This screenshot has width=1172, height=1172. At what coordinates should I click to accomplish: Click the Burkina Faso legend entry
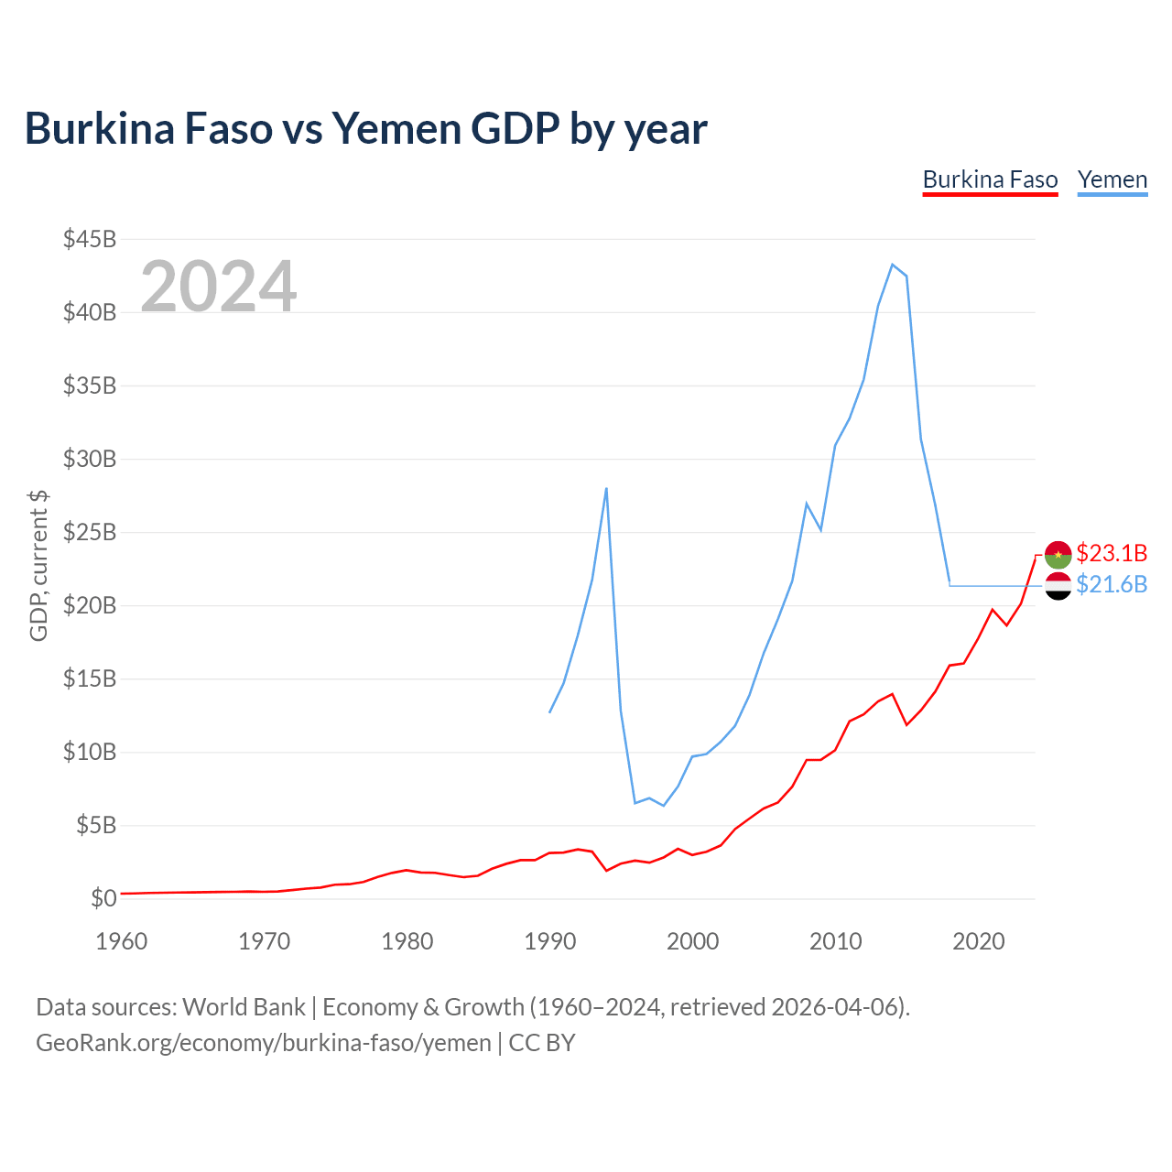pos(990,180)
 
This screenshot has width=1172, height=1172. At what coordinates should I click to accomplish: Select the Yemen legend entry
pos(1112,180)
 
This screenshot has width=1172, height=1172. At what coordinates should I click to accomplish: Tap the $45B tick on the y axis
pos(90,239)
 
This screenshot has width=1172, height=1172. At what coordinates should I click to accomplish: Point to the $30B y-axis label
pos(90,459)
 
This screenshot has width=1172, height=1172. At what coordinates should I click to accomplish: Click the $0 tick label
pos(103,897)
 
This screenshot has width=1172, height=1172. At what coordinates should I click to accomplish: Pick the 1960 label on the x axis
pos(121,941)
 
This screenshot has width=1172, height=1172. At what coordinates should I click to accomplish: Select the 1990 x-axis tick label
pos(549,941)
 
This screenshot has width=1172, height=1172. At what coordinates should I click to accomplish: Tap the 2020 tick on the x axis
pos(978,941)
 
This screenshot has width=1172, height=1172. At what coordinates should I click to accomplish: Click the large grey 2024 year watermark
pos(218,286)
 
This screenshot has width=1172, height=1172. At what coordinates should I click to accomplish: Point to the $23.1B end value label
pos(1112,553)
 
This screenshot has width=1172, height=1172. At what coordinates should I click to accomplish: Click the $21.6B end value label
pos(1112,584)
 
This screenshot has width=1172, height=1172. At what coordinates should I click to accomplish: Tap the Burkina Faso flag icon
pos(1058,554)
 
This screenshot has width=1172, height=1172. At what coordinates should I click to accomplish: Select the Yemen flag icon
pos(1058,586)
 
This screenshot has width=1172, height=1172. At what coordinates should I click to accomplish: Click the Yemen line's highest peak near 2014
pos(892,265)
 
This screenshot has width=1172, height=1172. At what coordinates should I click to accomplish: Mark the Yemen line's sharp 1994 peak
pos(606,488)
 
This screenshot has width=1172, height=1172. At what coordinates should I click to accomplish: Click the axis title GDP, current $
pos(38,566)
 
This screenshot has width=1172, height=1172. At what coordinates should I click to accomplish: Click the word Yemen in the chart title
pos(396,129)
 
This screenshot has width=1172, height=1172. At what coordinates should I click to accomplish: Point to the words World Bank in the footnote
pos(244,1007)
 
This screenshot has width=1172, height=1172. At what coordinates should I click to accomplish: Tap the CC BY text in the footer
pos(542,1043)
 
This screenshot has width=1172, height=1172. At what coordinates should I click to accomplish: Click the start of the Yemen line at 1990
pos(549,712)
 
